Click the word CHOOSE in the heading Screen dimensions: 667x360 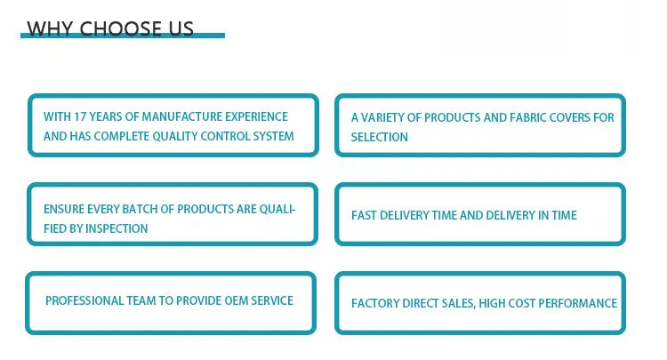(x=119, y=28)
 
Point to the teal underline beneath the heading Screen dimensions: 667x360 (x=123, y=36)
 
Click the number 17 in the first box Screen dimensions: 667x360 (x=80, y=116)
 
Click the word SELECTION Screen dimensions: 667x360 (x=380, y=137)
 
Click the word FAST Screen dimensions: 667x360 (x=364, y=215)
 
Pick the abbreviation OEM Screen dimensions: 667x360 (x=236, y=301)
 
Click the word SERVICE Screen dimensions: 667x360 (x=272, y=301)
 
